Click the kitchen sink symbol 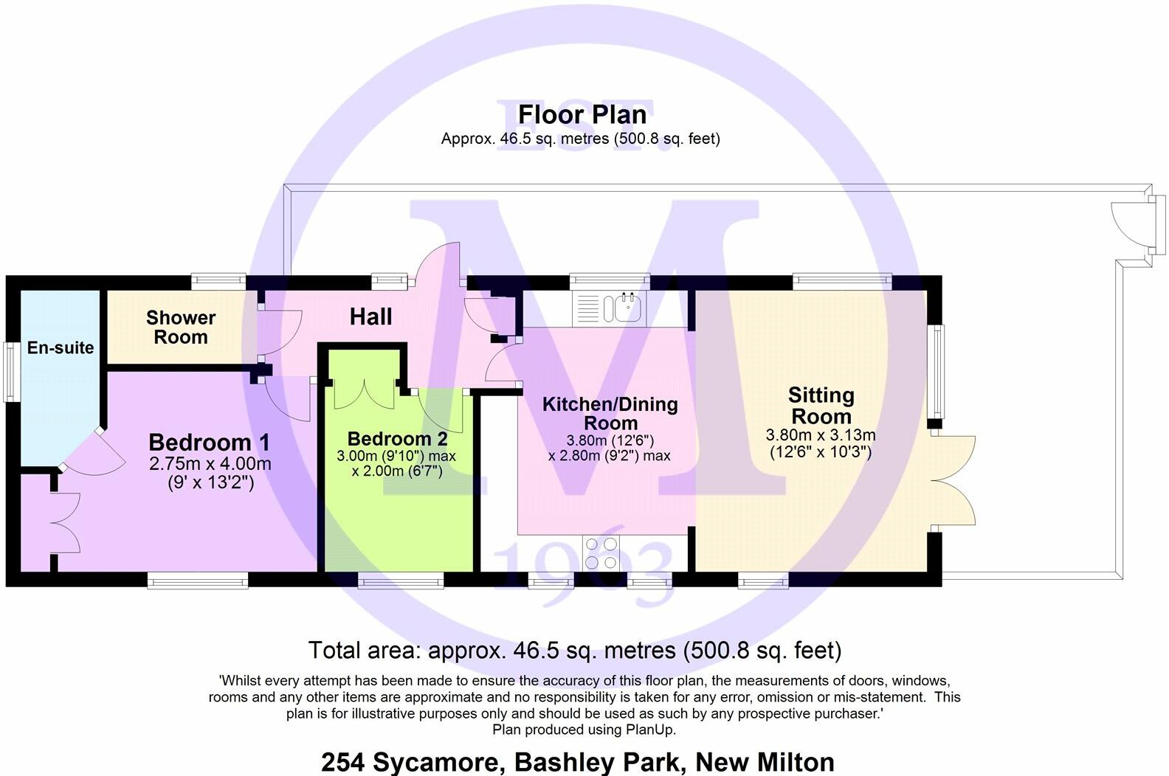pyautogui.click(x=622, y=308)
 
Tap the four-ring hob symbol pyautogui.click(x=601, y=553)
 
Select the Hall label pyautogui.click(x=370, y=317)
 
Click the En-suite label pyautogui.click(x=61, y=347)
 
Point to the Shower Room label pyautogui.click(x=181, y=328)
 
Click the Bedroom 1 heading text pyautogui.click(x=209, y=443)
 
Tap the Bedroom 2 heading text pyautogui.click(x=397, y=439)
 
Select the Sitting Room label pyautogui.click(x=821, y=405)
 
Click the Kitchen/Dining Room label pyautogui.click(x=610, y=413)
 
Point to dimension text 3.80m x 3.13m pyautogui.click(x=821, y=435)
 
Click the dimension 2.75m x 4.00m pyautogui.click(x=210, y=465)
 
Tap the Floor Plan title pyautogui.click(x=582, y=114)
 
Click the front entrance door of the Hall pyautogui.click(x=439, y=264)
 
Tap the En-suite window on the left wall pyautogui.click(x=12, y=372)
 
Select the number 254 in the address pyautogui.click(x=344, y=761)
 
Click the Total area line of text pyautogui.click(x=574, y=651)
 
